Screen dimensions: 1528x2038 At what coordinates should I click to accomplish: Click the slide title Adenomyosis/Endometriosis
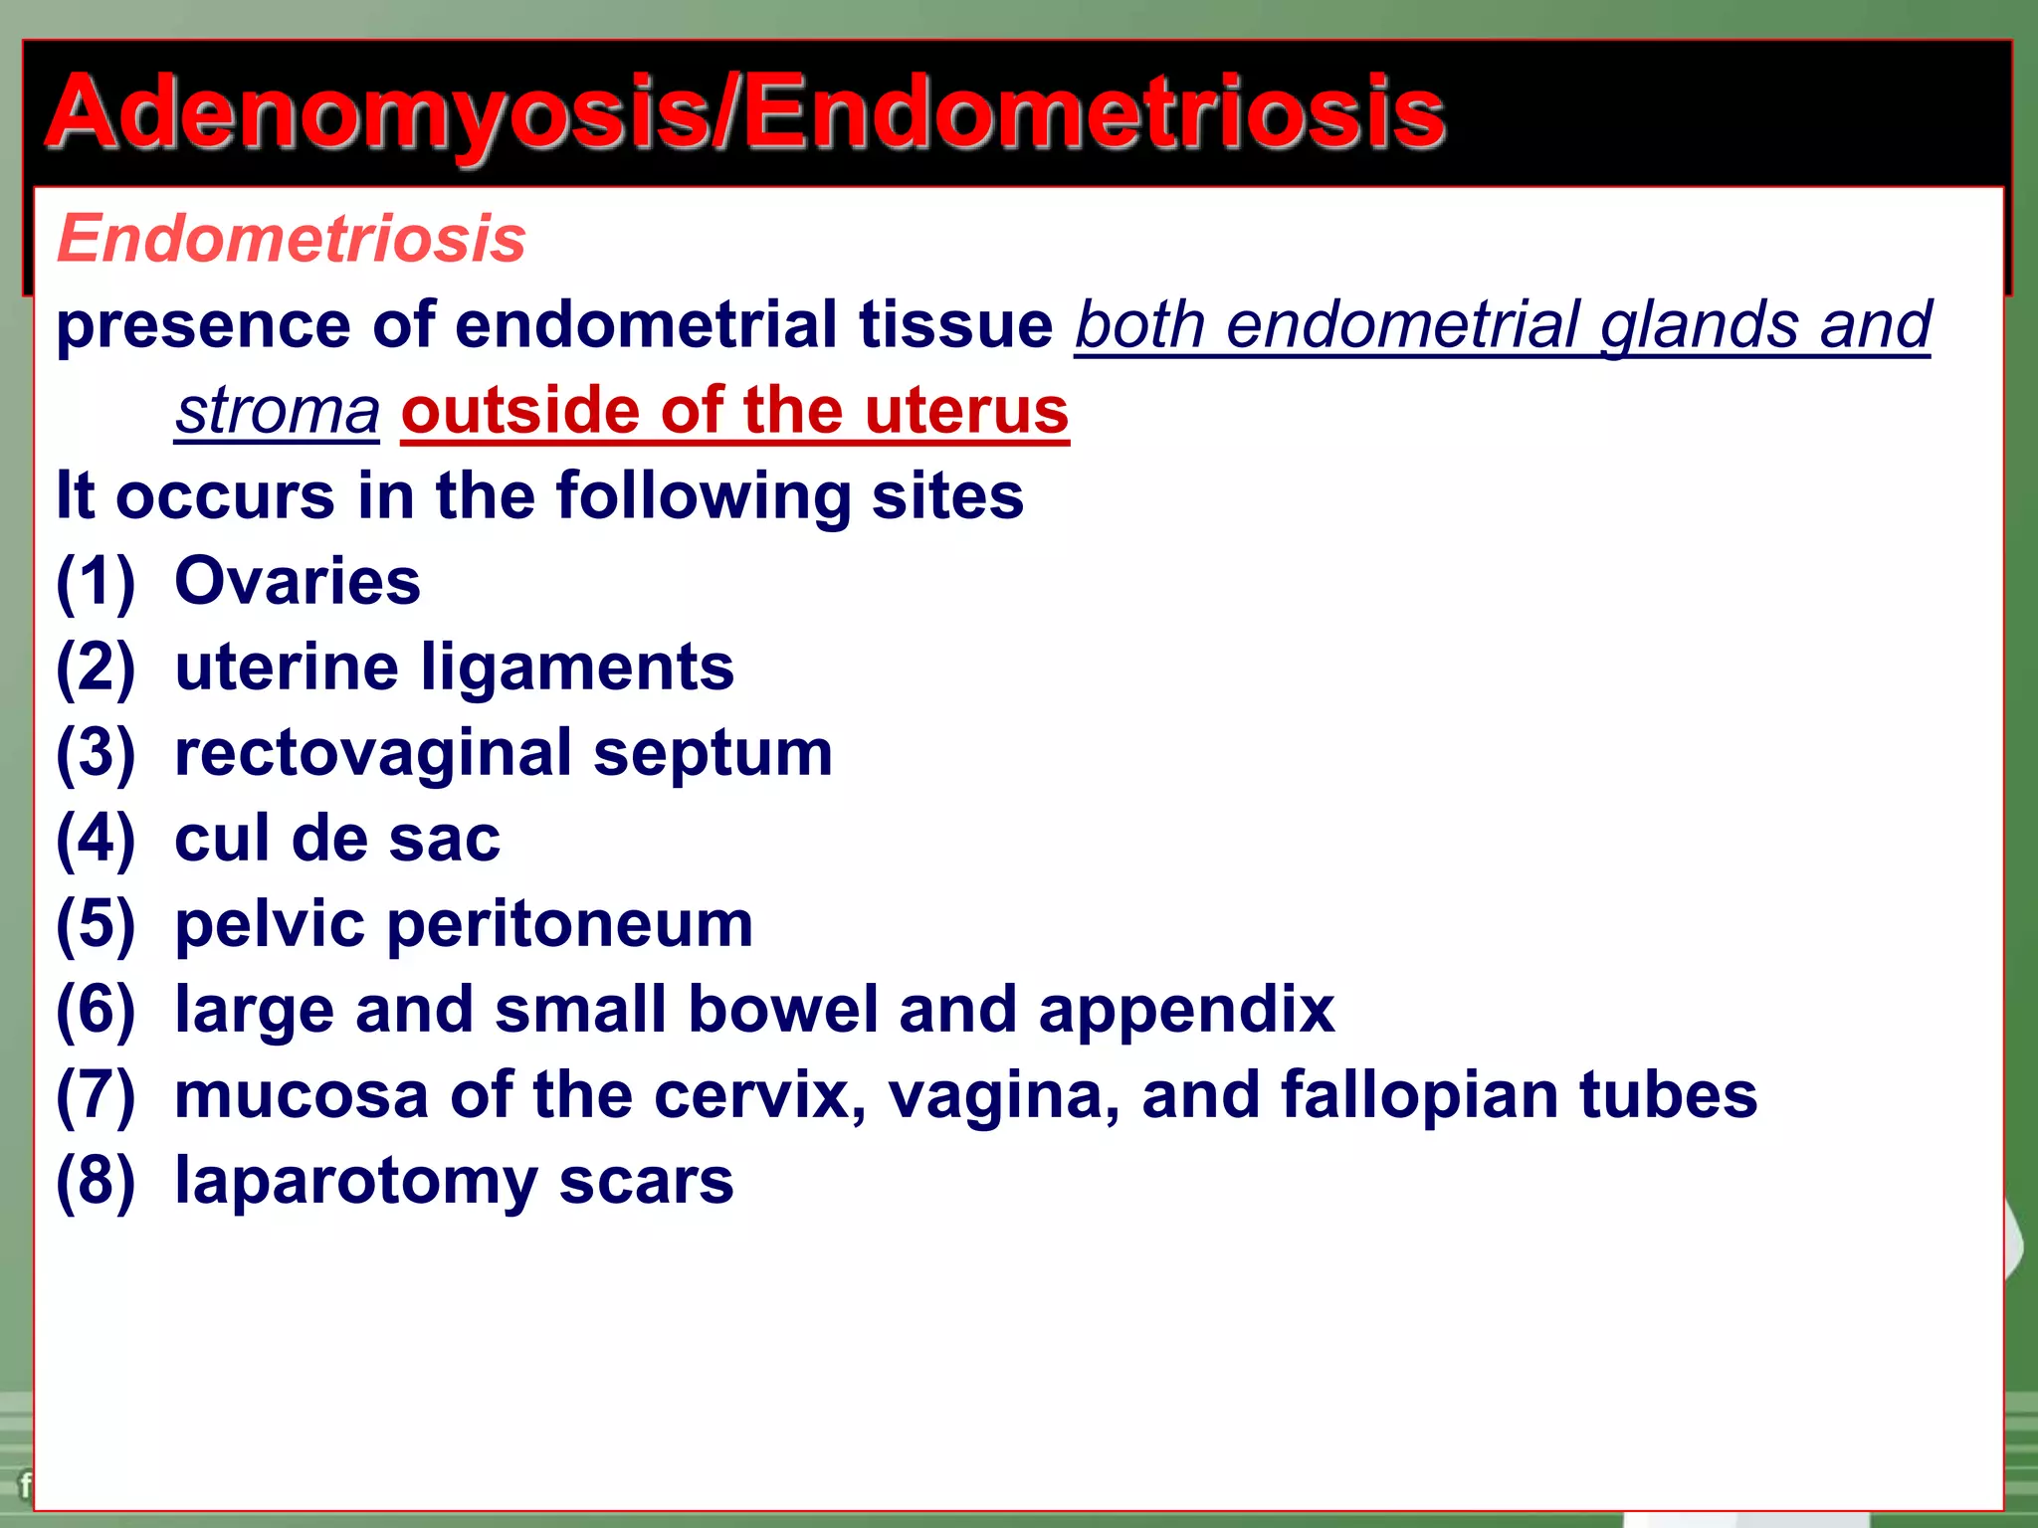click(744, 113)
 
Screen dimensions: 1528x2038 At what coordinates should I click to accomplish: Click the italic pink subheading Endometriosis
click(291, 239)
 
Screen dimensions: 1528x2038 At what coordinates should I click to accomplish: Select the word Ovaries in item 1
click(298, 581)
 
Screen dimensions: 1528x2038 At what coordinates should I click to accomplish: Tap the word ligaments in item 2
click(577, 668)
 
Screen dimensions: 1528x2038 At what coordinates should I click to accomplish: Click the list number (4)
click(95, 839)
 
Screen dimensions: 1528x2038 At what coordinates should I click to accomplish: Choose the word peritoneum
click(569, 925)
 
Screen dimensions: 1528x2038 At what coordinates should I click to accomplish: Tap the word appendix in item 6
click(1186, 1011)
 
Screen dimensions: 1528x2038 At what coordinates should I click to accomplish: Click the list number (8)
click(95, 1181)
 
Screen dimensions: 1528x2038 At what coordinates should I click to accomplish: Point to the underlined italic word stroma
click(278, 411)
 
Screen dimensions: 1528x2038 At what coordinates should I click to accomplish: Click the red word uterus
click(966, 411)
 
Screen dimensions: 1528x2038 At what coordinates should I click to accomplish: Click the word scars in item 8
click(646, 1182)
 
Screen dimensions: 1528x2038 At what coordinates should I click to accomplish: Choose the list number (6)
click(95, 1010)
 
